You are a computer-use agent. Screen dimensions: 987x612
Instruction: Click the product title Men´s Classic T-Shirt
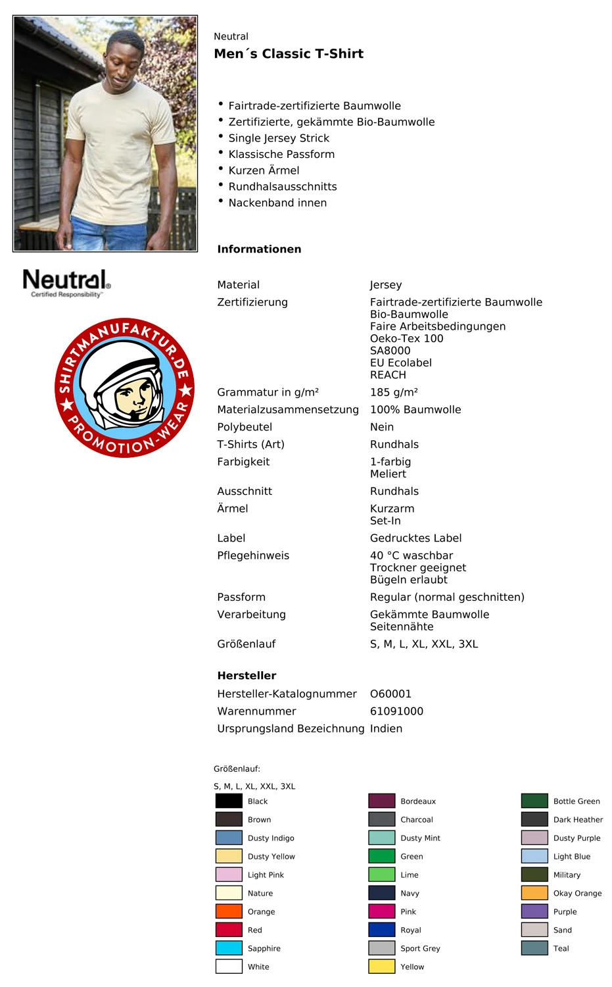click(289, 54)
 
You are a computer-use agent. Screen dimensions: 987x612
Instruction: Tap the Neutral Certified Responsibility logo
click(66, 283)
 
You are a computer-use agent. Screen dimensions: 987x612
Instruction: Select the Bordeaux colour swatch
click(381, 801)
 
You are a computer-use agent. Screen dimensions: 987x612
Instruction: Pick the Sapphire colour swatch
click(229, 948)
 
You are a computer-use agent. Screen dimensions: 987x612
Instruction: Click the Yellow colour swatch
click(381, 967)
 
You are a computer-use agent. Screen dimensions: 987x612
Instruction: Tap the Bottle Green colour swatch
click(534, 801)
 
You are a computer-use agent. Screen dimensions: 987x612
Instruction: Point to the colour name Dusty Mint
click(420, 838)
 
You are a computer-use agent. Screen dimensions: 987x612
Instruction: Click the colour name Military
click(567, 875)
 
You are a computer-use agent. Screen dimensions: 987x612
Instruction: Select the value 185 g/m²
click(394, 392)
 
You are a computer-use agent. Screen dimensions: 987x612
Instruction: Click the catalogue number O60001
click(390, 694)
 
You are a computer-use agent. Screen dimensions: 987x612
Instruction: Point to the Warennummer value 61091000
click(396, 711)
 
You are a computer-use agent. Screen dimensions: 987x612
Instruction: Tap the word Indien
click(386, 729)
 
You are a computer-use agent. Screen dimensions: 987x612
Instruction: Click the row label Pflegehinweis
click(253, 556)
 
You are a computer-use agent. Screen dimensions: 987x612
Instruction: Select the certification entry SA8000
click(390, 351)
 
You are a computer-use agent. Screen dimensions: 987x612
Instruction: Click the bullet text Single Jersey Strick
click(279, 138)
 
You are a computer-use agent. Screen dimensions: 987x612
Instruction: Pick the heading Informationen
click(259, 249)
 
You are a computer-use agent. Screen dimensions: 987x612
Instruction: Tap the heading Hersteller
click(247, 676)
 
